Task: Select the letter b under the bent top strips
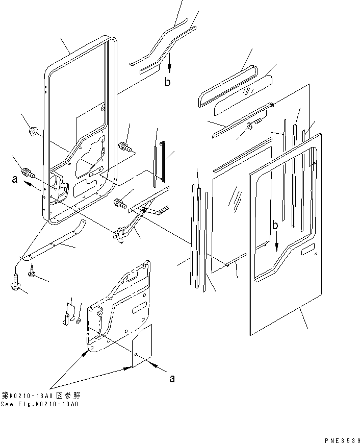coord(168,83)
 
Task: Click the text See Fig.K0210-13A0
coord(40,404)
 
